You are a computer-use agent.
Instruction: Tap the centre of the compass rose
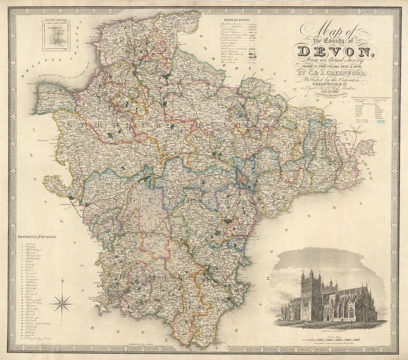coord(62,304)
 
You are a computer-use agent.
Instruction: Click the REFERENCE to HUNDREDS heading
coord(37,237)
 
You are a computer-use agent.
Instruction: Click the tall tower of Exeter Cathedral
coord(311,293)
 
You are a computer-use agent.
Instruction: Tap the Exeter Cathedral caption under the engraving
coord(330,327)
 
